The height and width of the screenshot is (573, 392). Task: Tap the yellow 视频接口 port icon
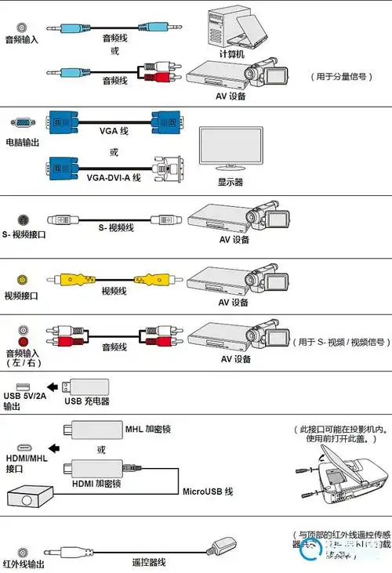point(22,279)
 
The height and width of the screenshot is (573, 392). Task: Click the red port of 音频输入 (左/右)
point(22,343)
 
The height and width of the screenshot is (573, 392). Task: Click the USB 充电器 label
point(87,401)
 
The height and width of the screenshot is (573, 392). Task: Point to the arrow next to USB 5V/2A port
point(50,387)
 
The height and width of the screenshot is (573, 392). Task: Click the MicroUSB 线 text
point(208,491)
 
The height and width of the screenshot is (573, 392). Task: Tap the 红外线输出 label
point(22,564)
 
